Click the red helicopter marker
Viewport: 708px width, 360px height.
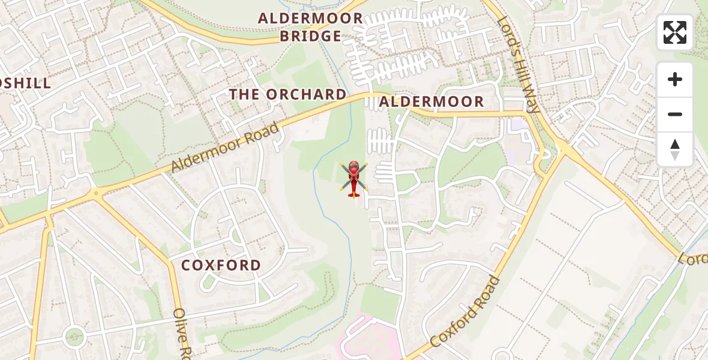pos(354,178)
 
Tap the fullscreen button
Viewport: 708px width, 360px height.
pos(675,32)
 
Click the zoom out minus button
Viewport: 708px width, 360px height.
pos(675,114)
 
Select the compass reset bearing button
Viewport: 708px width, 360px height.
pos(675,149)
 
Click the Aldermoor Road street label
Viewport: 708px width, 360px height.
pos(225,147)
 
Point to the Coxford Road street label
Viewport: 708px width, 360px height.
pos(466,312)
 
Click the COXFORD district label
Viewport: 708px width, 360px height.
pos(221,265)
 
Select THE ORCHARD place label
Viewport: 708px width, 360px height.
pos(288,95)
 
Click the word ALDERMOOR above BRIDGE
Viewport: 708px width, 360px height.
pos(311,19)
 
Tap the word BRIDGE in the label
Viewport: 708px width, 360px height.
pos(311,37)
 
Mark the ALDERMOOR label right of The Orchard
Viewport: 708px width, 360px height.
pos(431,102)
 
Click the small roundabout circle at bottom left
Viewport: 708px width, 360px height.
pos(74,337)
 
